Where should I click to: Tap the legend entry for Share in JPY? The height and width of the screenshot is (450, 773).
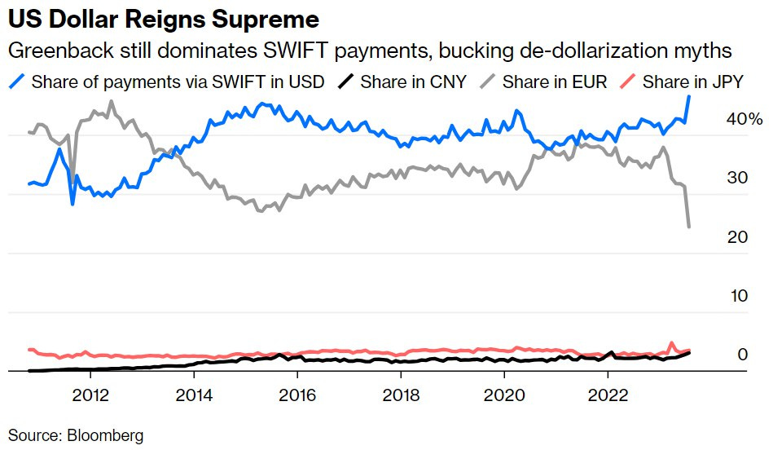694,82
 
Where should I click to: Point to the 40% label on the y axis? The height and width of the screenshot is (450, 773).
744,119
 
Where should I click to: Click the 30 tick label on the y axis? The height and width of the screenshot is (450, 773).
738,178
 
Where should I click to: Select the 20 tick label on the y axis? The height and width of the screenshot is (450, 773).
738,236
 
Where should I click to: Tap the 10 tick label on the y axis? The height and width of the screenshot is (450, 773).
738,295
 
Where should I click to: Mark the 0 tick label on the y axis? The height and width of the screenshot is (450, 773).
742,354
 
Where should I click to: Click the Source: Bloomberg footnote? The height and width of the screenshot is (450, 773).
76,435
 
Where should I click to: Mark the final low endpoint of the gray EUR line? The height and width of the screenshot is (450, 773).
690,227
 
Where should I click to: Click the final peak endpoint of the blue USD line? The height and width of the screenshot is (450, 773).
690,96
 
